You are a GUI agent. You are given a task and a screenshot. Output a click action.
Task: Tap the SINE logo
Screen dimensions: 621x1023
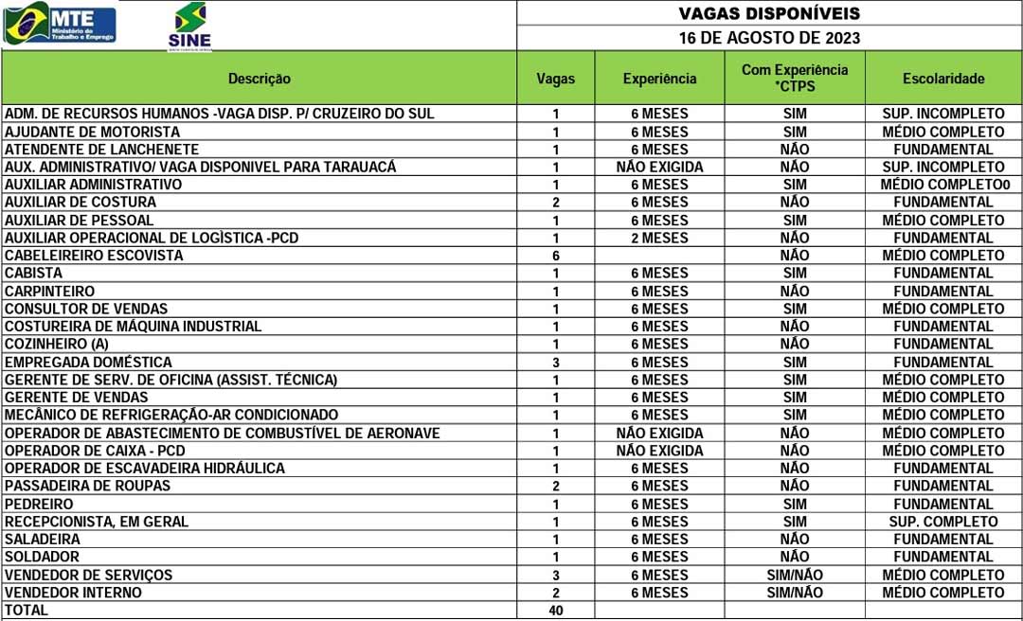tap(189, 27)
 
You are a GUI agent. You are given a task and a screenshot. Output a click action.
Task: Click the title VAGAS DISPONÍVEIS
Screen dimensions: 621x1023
tap(769, 13)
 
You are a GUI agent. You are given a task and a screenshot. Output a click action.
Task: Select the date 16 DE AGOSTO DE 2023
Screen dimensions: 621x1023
tap(769, 38)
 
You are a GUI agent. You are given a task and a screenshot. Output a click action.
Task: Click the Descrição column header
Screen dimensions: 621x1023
tap(260, 79)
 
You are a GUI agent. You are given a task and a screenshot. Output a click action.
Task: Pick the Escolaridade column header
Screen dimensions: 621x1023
tap(942, 79)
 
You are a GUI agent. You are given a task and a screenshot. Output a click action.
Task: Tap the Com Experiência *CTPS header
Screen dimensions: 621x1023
tap(795, 78)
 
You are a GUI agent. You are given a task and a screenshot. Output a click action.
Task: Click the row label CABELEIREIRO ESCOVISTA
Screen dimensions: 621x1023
tap(94, 256)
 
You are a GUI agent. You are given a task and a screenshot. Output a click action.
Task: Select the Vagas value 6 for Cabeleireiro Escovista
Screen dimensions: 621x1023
tap(556, 256)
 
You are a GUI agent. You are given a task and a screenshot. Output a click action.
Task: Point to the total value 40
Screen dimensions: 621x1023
tap(556, 611)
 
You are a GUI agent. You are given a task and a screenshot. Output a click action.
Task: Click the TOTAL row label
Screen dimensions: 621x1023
tap(27, 611)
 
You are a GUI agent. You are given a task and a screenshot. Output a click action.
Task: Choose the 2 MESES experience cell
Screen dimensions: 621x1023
tap(659, 238)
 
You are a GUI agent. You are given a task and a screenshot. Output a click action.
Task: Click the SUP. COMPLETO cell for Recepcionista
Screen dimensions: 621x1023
tap(942, 522)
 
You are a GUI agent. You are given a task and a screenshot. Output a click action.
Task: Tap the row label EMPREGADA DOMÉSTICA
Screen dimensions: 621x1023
tap(88, 362)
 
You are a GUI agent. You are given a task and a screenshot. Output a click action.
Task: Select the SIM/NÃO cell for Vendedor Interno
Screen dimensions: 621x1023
tap(795, 593)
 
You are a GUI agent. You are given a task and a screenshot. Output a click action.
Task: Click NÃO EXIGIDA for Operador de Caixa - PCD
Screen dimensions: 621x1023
tap(659, 451)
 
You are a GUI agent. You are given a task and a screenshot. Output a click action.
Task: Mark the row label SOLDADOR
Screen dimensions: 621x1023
tap(42, 557)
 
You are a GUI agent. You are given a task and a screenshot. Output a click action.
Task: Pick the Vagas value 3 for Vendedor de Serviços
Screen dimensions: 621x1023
tap(556, 575)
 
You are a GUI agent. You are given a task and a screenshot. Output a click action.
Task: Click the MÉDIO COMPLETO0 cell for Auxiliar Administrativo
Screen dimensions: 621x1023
tap(942, 185)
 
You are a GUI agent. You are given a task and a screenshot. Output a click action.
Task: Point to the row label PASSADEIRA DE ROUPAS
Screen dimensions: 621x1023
tap(87, 486)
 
